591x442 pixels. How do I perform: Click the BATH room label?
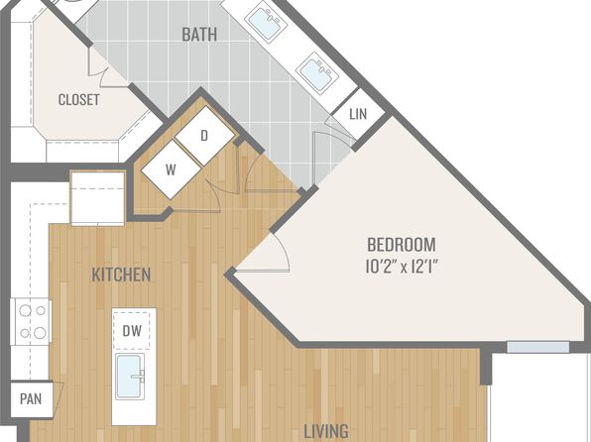tap(199, 35)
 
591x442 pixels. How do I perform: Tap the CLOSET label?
tap(79, 100)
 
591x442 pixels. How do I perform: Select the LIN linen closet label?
tap(358, 114)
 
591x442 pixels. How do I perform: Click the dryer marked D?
tap(204, 136)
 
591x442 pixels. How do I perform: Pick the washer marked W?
tap(171, 169)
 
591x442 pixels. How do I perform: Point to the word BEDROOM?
tap(402, 245)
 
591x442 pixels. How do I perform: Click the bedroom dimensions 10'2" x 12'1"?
tap(403, 267)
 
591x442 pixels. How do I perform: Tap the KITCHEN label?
tap(121, 275)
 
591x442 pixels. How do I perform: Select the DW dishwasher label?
tap(132, 331)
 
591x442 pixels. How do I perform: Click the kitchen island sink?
tap(130, 377)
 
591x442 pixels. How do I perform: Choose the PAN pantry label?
tap(31, 398)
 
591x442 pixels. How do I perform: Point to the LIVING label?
tap(326, 431)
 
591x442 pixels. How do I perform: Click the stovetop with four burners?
tap(32, 321)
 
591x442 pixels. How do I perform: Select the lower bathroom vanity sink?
tap(317, 71)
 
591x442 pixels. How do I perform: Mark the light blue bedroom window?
tap(537, 347)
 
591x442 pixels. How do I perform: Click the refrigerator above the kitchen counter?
tap(97, 198)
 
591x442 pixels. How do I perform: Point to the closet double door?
tap(99, 68)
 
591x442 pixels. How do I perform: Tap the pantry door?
tap(59, 398)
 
